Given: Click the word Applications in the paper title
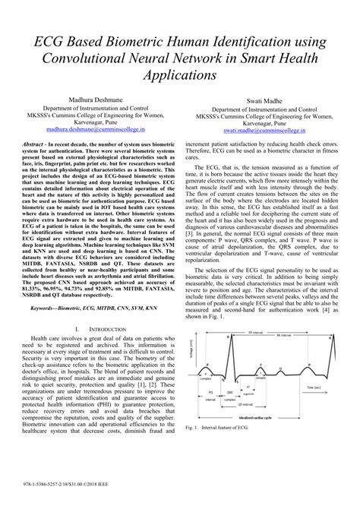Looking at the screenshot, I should [180, 76].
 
